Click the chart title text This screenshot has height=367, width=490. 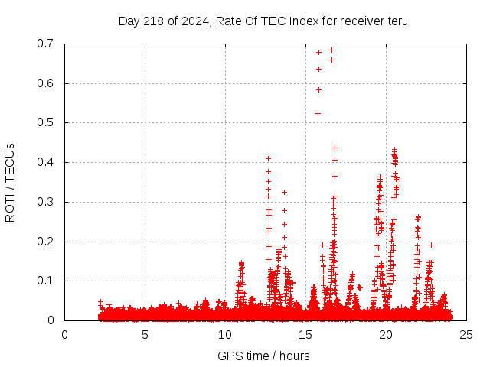coord(263,21)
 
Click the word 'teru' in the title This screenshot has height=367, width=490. coord(397,21)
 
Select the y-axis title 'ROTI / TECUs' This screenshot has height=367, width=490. coord(10,182)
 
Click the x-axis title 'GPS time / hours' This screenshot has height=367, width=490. coord(263,356)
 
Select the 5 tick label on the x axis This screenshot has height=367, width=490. coord(145,334)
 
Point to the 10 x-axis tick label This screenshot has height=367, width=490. coord(225,334)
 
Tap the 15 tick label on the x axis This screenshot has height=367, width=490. coord(305,334)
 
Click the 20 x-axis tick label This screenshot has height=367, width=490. coord(386,334)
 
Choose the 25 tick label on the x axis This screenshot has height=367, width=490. coord(466,334)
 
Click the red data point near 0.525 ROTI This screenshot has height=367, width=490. coord(318,113)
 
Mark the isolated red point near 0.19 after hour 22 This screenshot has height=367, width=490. coord(432,245)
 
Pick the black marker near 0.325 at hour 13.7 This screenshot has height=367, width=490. coord(284,192)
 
